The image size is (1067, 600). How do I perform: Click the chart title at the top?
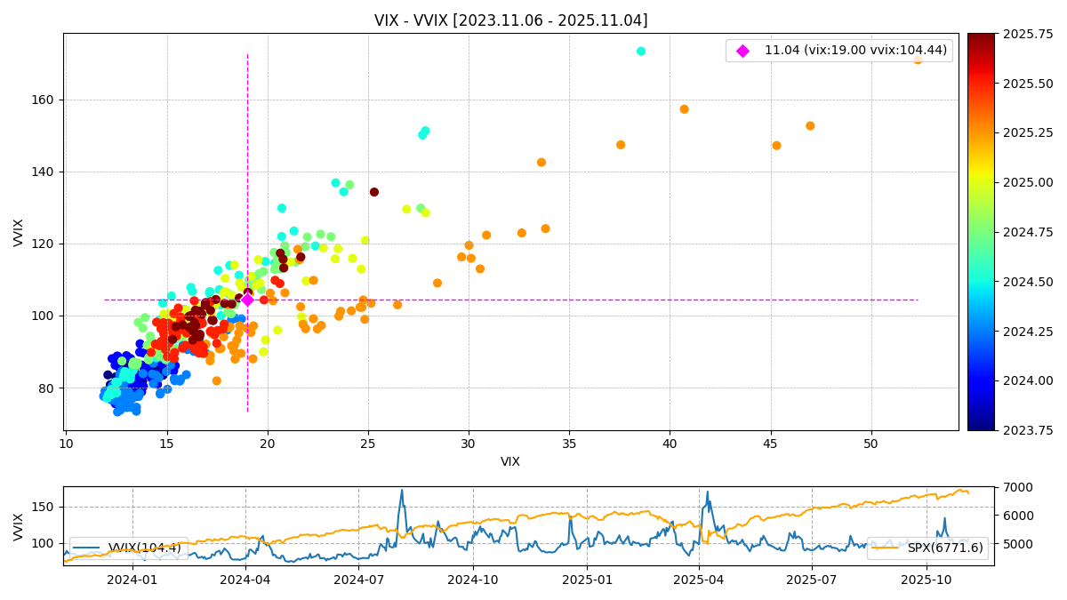(x=510, y=20)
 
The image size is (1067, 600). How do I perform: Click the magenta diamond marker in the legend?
(x=742, y=51)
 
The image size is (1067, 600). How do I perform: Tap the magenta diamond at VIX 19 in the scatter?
(x=247, y=300)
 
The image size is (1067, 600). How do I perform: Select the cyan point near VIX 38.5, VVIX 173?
(x=641, y=51)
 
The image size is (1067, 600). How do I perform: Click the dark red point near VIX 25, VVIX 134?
(x=374, y=192)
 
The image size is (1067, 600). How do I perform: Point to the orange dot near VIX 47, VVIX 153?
(x=810, y=126)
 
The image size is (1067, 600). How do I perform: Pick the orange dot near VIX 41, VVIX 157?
(x=684, y=109)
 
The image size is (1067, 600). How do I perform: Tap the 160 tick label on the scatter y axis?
(x=44, y=100)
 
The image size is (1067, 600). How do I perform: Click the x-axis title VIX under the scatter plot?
(x=510, y=462)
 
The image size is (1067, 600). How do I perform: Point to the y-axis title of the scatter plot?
(x=19, y=232)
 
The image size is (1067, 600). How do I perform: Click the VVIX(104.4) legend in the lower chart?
(x=129, y=548)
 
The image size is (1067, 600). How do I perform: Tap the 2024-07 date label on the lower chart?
(x=358, y=580)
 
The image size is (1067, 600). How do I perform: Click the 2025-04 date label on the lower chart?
(x=698, y=580)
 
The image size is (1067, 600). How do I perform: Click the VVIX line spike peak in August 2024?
(x=401, y=490)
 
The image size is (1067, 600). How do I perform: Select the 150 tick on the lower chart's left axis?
(x=44, y=507)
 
